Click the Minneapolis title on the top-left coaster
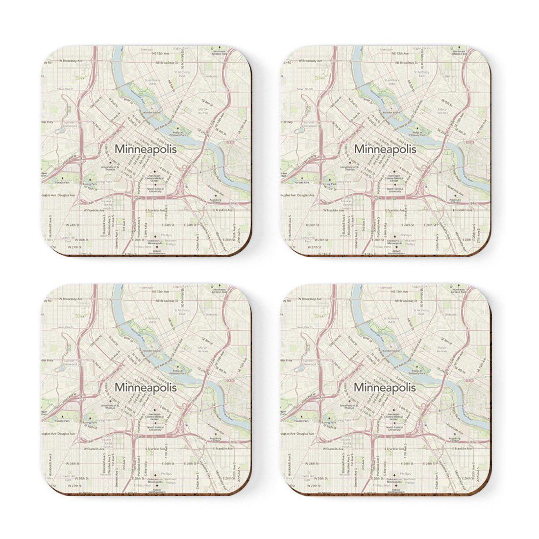tap(145, 148)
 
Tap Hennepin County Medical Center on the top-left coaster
tap(158, 179)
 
